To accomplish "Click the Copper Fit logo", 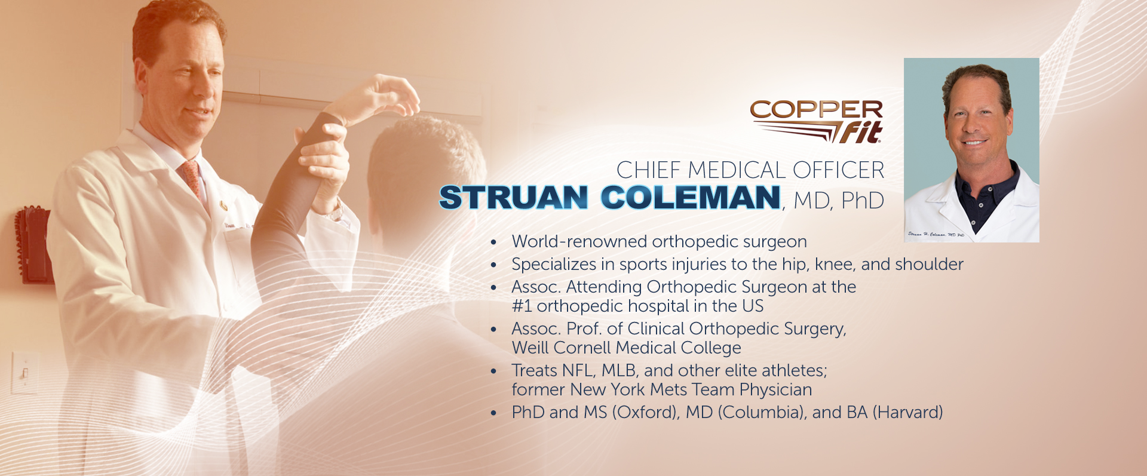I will pos(817,122).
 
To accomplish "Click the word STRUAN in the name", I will pos(514,198).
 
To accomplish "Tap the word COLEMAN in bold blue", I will pos(691,198).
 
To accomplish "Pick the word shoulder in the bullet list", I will pos(929,264).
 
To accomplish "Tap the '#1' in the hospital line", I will pos(522,306).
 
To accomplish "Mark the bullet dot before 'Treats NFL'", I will pos(493,371).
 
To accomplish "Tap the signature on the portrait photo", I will pos(936,235).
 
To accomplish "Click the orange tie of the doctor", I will pos(192,179).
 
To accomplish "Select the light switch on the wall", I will pos(24,373).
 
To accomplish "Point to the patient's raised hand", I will pos(388,96).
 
